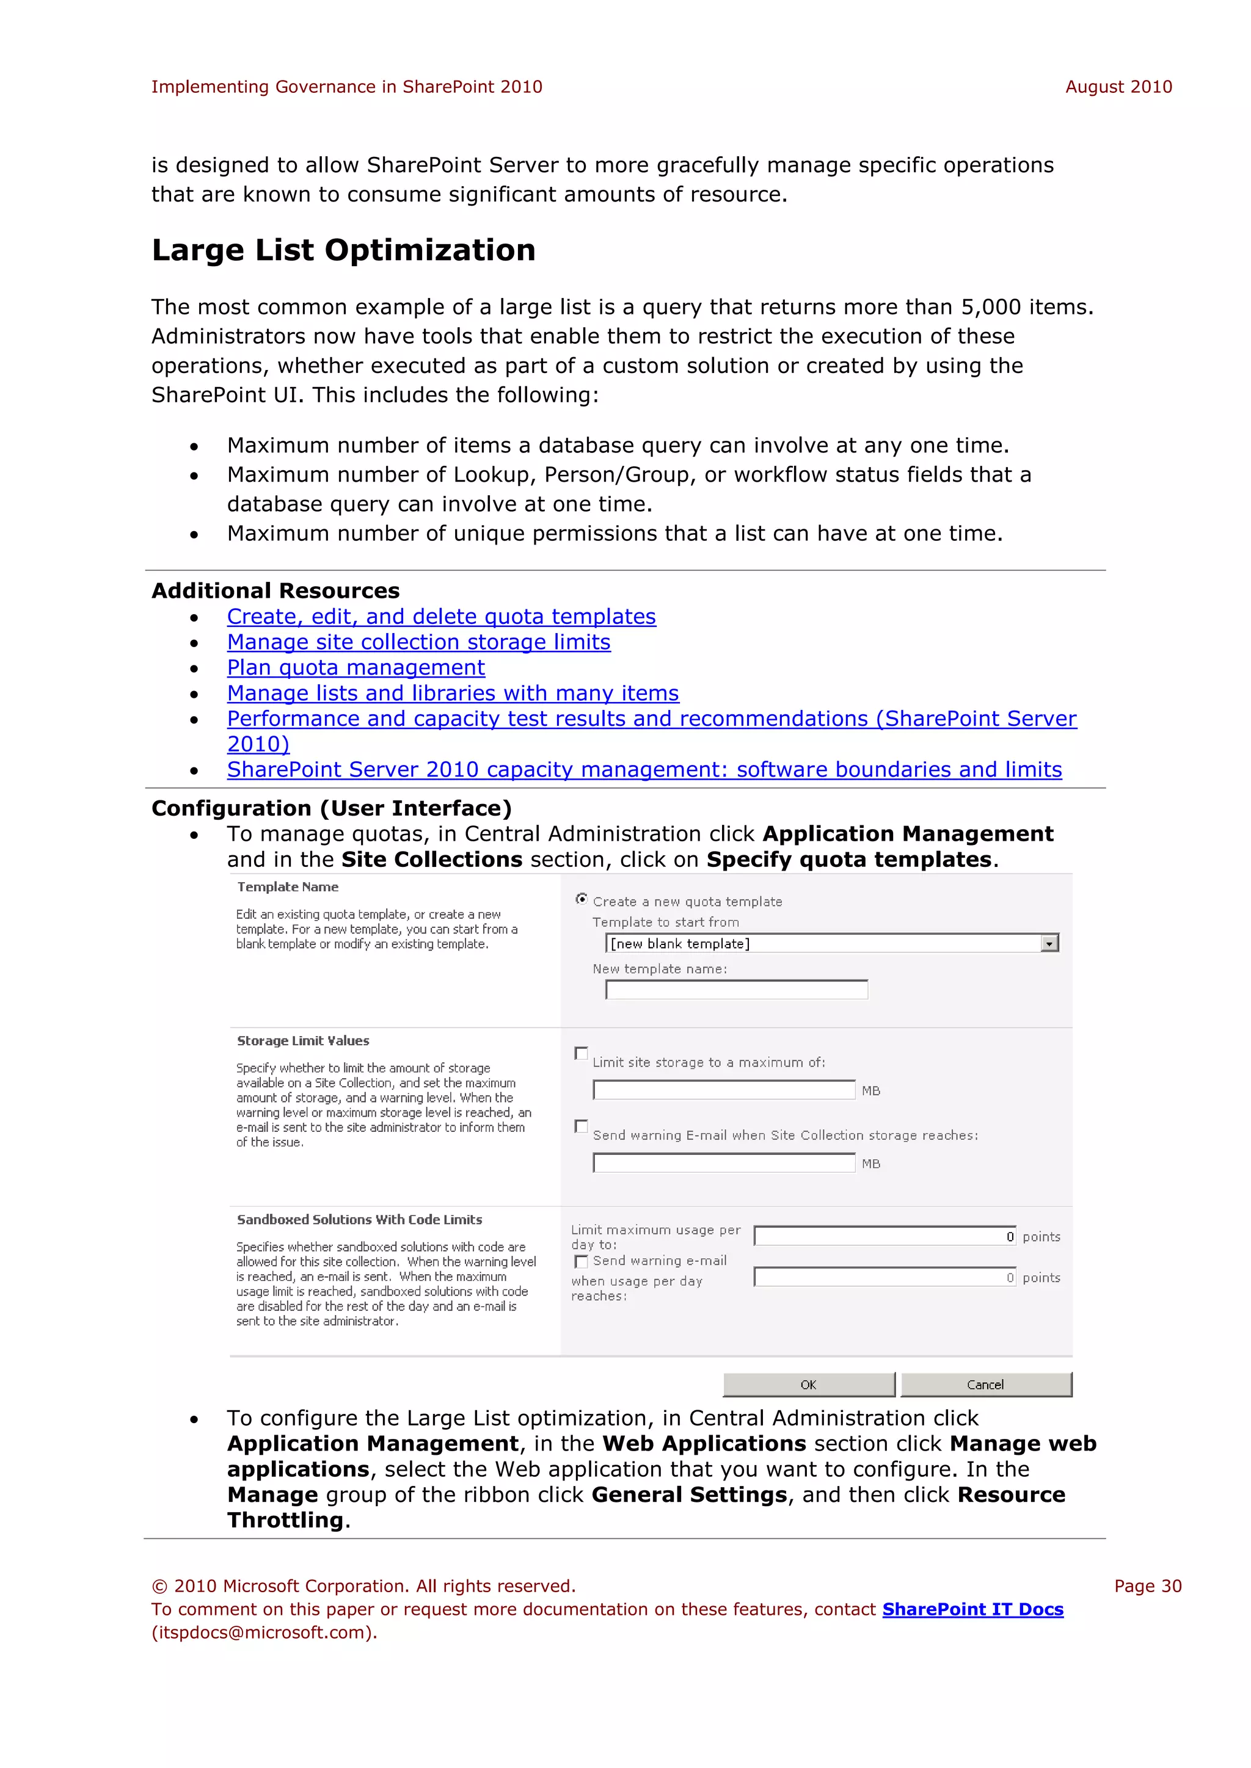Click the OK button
[x=808, y=1385]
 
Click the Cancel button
[x=985, y=1385]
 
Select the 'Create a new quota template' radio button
[x=582, y=899]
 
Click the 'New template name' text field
[x=737, y=990]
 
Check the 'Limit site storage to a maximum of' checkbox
[x=582, y=1052]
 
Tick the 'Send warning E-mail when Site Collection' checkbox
[x=582, y=1126]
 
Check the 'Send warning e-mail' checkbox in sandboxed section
[x=582, y=1261]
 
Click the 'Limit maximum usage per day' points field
[x=884, y=1236]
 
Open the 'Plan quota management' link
[x=356, y=668]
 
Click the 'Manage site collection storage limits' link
[x=418, y=642]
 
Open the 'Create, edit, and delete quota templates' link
[x=442, y=617]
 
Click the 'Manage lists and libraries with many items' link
[x=453, y=693]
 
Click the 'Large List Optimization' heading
[x=343, y=250]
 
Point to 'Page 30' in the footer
[x=1147, y=1586]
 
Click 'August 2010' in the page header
[x=1118, y=87]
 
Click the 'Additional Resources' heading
[x=275, y=590]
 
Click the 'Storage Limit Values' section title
[x=303, y=1040]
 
